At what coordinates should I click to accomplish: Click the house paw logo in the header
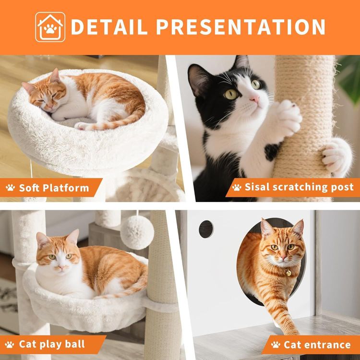(50, 27)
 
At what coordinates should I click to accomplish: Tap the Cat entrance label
(317, 344)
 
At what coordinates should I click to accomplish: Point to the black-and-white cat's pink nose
(255, 99)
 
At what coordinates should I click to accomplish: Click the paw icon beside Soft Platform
(11, 188)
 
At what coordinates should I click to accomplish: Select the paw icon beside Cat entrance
(276, 344)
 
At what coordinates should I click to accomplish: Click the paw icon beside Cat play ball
(11, 344)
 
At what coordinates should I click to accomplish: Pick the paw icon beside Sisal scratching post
(236, 187)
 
